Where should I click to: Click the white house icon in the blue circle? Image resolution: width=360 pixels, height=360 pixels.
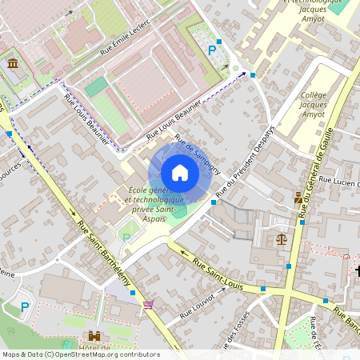pos(180,173)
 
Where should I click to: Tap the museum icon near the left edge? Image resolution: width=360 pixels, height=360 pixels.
pos(13,63)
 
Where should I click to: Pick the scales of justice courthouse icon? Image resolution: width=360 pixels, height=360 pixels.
pos(281,238)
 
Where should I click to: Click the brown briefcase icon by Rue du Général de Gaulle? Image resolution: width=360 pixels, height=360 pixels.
pos(298,198)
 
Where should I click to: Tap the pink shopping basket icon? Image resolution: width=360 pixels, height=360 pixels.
pos(147,304)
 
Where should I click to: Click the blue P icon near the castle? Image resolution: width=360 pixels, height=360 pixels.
pos(25,306)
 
